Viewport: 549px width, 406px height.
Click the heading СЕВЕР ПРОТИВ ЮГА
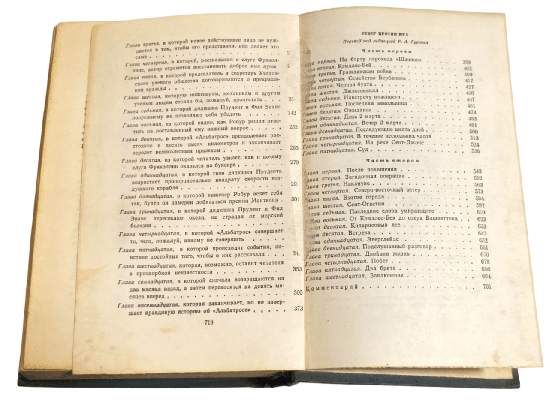click(382, 33)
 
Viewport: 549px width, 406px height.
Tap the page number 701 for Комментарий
click(486, 287)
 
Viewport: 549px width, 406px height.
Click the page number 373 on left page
click(297, 308)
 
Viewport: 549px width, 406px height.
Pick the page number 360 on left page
click(298, 292)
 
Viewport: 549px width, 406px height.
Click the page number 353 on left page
click(297, 269)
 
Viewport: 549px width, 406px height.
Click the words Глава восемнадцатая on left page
click(147, 305)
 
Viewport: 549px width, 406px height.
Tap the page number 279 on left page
click(295, 162)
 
